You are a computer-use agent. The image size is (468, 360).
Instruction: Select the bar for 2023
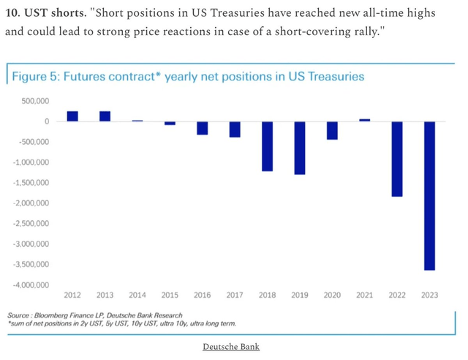(429, 195)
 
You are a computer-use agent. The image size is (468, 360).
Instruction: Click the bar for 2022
(397, 159)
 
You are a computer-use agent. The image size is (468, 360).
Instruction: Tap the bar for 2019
(300, 148)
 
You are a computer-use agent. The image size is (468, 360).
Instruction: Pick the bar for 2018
(267, 146)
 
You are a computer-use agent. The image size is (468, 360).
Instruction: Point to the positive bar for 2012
(72, 116)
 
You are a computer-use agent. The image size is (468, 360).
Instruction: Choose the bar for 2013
(105, 116)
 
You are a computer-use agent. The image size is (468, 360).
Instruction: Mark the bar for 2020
(332, 130)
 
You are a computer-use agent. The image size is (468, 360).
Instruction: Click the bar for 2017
(235, 130)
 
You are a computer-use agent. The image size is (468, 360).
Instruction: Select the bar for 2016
(203, 128)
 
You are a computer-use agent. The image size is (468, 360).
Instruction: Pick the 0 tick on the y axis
(46, 121)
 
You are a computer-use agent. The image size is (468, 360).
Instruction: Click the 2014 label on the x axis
(137, 296)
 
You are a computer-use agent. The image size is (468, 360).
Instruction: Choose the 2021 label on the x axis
(364, 296)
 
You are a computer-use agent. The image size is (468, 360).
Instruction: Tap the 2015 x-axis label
(170, 296)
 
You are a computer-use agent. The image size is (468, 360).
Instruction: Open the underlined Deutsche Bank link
(231, 347)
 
